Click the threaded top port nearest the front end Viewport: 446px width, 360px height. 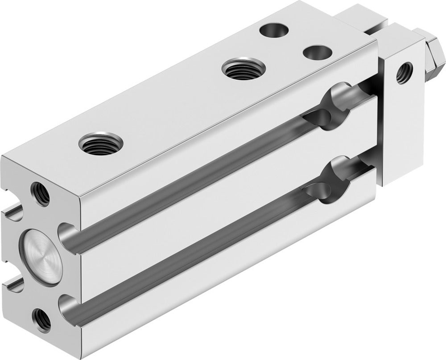(95, 144)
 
